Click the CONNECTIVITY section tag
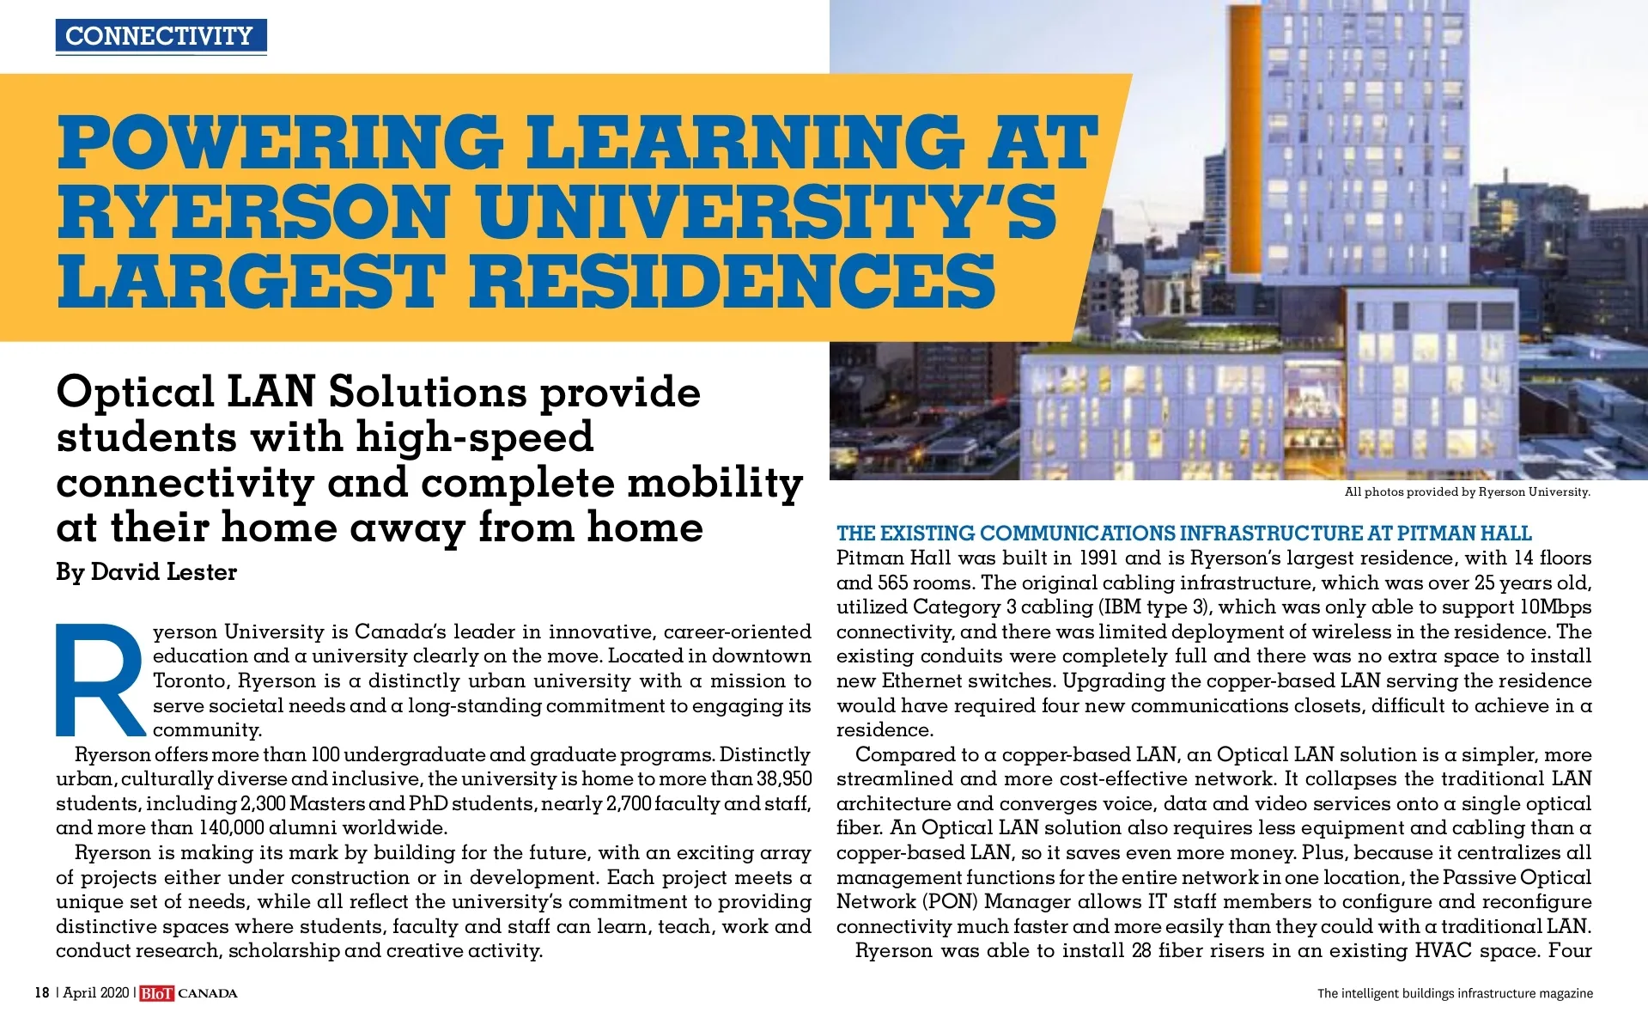tap(161, 36)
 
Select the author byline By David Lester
tap(146, 572)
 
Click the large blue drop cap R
tap(99, 680)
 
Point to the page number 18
tap(41, 993)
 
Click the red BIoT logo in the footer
tap(156, 994)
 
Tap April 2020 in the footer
tap(95, 993)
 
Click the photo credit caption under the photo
tap(1467, 492)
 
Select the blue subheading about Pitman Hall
tap(1183, 534)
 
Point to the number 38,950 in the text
tap(783, 779)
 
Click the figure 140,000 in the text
tap(231, 828)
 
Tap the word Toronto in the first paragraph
tap(191, 681)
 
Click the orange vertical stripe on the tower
tap(1245, 146)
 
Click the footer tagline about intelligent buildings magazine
tap(1455, 994)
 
